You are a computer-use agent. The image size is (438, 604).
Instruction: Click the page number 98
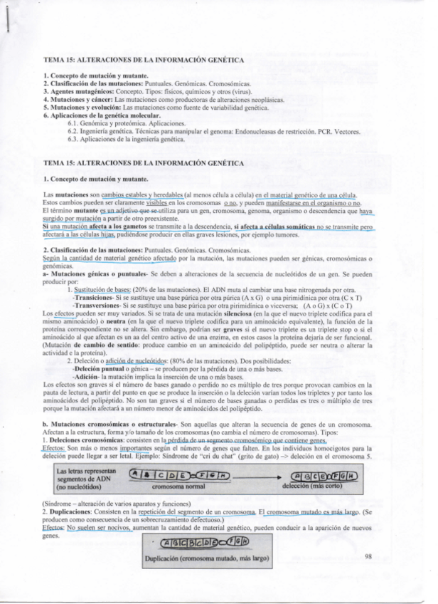(368, 556)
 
